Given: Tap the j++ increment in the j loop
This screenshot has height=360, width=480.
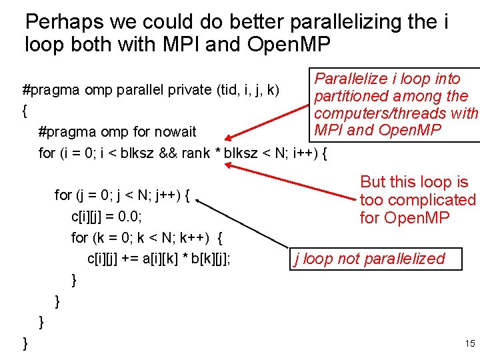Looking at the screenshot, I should (170, 195).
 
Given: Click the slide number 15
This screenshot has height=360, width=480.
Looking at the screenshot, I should (469, 344).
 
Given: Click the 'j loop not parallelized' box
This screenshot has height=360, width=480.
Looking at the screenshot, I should (377, 259).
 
